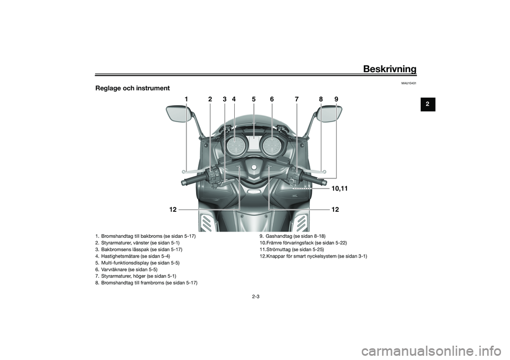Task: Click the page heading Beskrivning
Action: (x=389, y=68)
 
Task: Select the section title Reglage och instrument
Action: (x=132, y=88)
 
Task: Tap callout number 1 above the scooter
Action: (x=186, y=99)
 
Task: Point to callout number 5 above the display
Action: (x=254, y=99)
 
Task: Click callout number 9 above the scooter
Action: (x=336, y=99)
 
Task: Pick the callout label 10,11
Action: (x=342, y=188)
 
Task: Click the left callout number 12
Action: (x=173, y=210)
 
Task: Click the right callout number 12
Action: (x=335, y=210)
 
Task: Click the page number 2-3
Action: (x=256, y=296)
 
